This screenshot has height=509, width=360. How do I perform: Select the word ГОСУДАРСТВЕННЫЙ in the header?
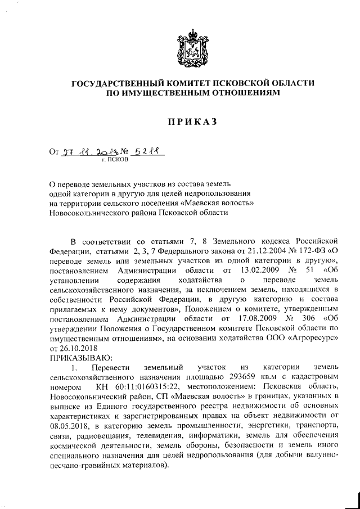pyautogui.click(x=122, y=84)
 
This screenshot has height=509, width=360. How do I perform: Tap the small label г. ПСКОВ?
pyautogui.click(x=115, y=159)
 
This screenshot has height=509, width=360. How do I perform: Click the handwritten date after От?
pyautogui.click(x=88, y=151)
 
